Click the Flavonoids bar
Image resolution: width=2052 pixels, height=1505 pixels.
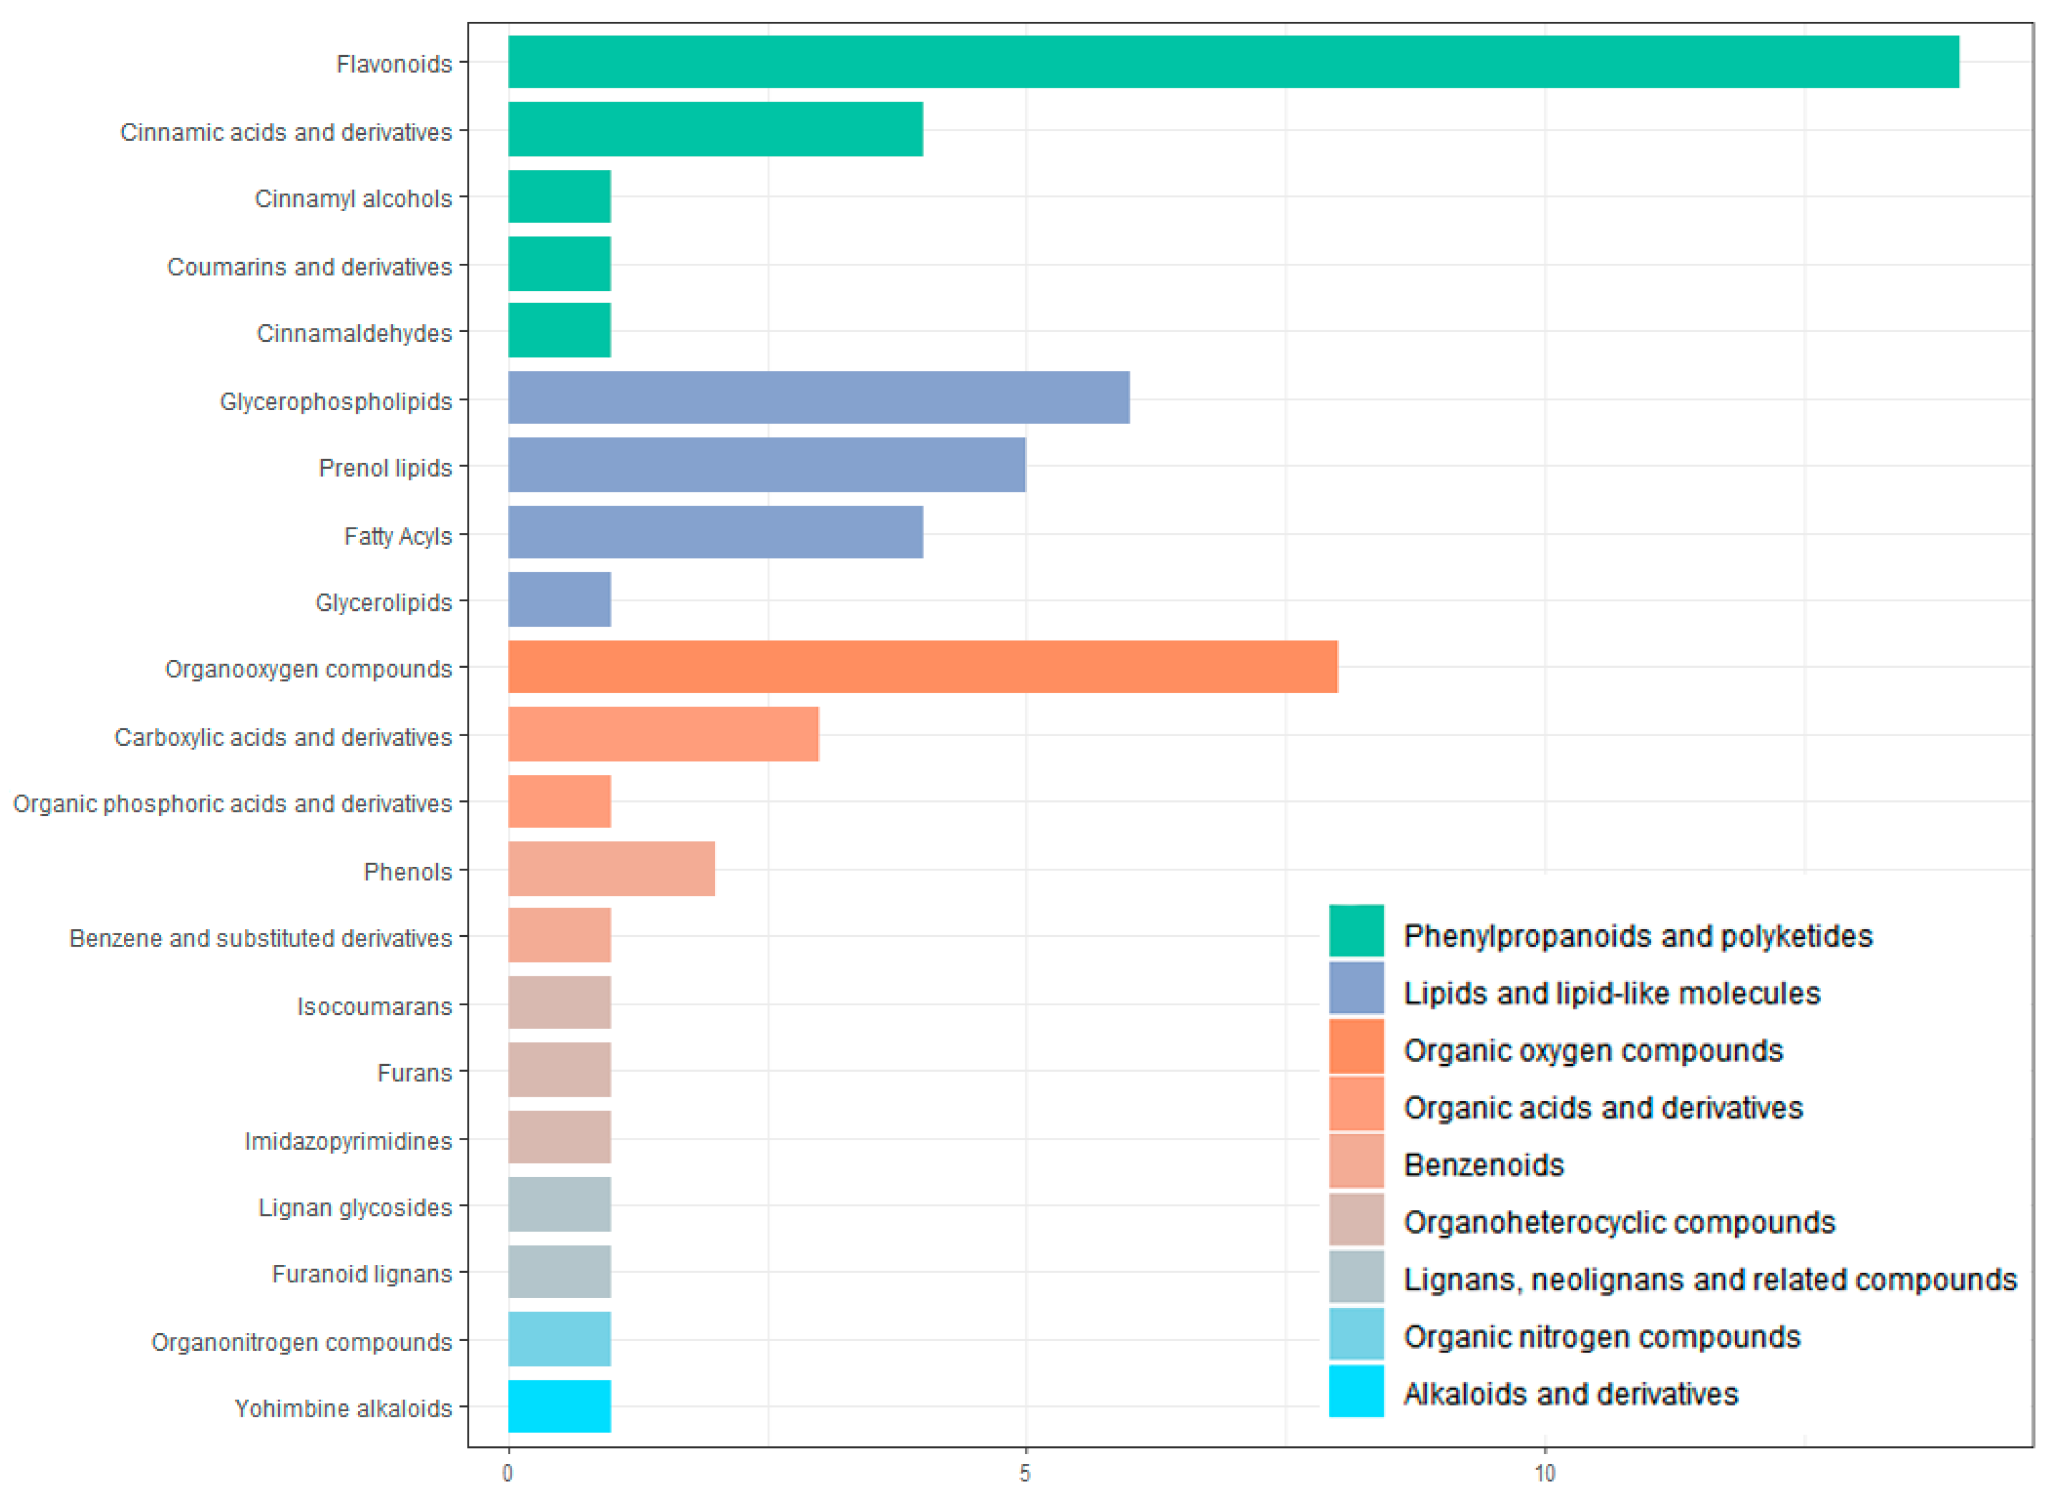tap(1233, 62)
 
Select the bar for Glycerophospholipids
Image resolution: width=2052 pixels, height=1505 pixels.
tap(819, 397)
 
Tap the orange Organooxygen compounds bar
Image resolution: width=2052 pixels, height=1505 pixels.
tap(923, 667)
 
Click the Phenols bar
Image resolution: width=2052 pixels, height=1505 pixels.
tap(611, 869)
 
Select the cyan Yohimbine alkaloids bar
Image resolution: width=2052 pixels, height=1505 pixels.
tap(559, 1406)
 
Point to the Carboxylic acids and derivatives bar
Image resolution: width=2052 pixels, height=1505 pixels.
tap(663, 734)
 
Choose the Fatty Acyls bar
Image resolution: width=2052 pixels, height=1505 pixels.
tap(715, 532)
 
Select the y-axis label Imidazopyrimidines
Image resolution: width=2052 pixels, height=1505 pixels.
tap(348, 1141)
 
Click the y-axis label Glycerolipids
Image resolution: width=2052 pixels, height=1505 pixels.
tap(383, 602)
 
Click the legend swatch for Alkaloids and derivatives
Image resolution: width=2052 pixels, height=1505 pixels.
tap(1356, 1391)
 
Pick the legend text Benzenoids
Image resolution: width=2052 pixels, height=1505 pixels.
tap(1484, 1164)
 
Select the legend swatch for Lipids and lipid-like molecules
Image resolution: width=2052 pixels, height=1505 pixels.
tap(1356, 988)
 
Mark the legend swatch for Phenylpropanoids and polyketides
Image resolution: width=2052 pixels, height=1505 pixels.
tap(1356, 931)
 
